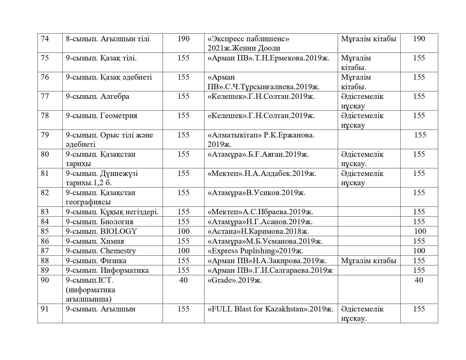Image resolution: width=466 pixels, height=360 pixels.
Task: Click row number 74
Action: pos(45,39)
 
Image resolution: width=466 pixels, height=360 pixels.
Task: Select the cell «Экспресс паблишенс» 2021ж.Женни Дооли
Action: pos(249,43)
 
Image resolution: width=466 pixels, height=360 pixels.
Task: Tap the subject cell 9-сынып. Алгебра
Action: pos(97,97)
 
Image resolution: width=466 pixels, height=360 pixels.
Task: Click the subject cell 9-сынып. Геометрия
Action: pos(101,116)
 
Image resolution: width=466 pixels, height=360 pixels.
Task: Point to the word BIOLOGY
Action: pos(119,231)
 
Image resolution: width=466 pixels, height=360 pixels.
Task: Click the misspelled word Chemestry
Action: pos(118,251)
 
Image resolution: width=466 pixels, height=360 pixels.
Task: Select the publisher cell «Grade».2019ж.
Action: pos(235,280)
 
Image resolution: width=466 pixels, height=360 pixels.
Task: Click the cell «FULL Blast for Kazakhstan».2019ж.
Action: pos(270,309)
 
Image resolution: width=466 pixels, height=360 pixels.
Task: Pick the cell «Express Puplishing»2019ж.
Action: pos(255,251)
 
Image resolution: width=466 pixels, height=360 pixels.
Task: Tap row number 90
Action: pos(45,280)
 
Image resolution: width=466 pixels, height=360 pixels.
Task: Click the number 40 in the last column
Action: pos(419,280)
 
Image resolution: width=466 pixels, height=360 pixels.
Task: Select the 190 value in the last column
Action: pos(419,39)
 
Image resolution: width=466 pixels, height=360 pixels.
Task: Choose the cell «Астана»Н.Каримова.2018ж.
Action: pos(258,231)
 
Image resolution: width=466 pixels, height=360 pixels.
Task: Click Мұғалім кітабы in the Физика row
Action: pos(369,261)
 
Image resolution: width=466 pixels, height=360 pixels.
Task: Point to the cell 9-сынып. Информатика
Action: pos(107,270)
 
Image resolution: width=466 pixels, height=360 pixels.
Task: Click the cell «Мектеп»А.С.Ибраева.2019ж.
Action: pos(260,212)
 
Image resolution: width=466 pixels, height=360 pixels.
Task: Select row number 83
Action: pos(45,212)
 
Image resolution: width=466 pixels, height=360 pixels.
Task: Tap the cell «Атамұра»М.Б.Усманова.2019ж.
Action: pos(265,241)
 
